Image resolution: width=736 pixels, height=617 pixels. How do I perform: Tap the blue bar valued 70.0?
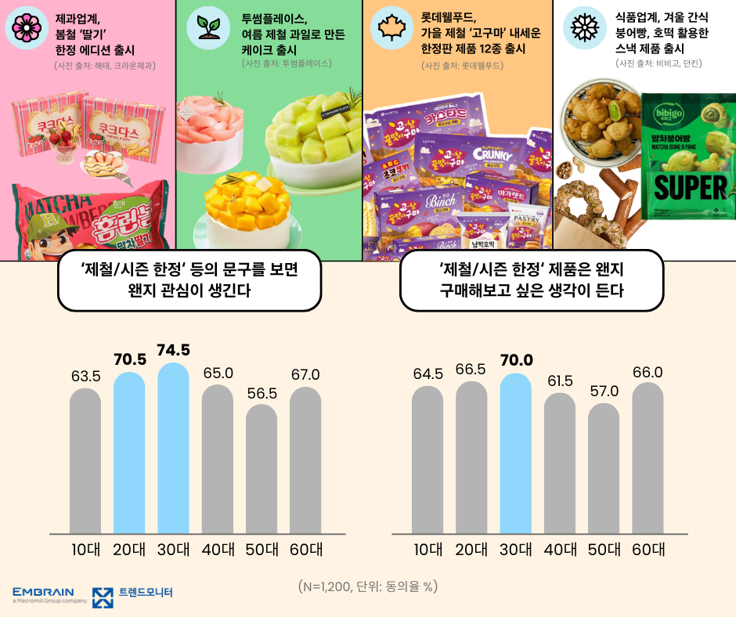pyautogui.click(x=515, y=453)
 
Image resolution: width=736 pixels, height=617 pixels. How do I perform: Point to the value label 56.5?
pyautogui.click(x=262, y=393)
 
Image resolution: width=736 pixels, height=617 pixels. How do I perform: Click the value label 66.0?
pyautogui.click(x=648, y=372)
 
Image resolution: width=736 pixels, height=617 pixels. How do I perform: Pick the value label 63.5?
pyautogui.click(x=85, y=377)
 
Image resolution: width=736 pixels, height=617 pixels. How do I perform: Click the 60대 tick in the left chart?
pyautogui.click(x=305, y=550)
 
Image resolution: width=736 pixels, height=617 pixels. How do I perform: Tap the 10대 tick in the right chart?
pyautogui.click(x=428, y=550)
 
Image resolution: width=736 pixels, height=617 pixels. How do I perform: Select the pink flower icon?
pyautogui.click(x=27, y=27)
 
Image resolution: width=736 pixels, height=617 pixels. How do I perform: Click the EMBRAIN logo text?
pyautogui.click(x=44, y=591)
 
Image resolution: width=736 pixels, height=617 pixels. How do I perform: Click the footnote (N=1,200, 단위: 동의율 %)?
pyautogui.click(x=368, y=586)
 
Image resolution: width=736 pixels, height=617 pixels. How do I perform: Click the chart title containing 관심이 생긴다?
pyautogui.click(x=189, y=280)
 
